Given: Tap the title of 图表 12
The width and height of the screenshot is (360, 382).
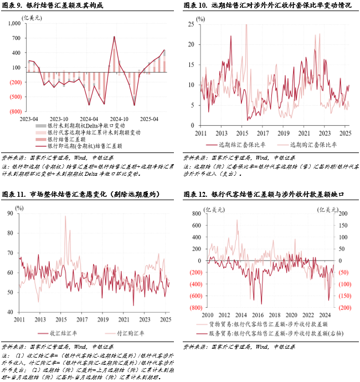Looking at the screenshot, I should click(266, 194).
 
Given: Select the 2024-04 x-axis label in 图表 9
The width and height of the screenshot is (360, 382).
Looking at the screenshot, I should click(89, 119).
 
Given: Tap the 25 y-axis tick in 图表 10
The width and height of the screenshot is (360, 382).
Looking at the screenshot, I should click(190, 24).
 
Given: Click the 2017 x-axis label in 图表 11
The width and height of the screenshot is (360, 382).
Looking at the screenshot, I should click(81, 320).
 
